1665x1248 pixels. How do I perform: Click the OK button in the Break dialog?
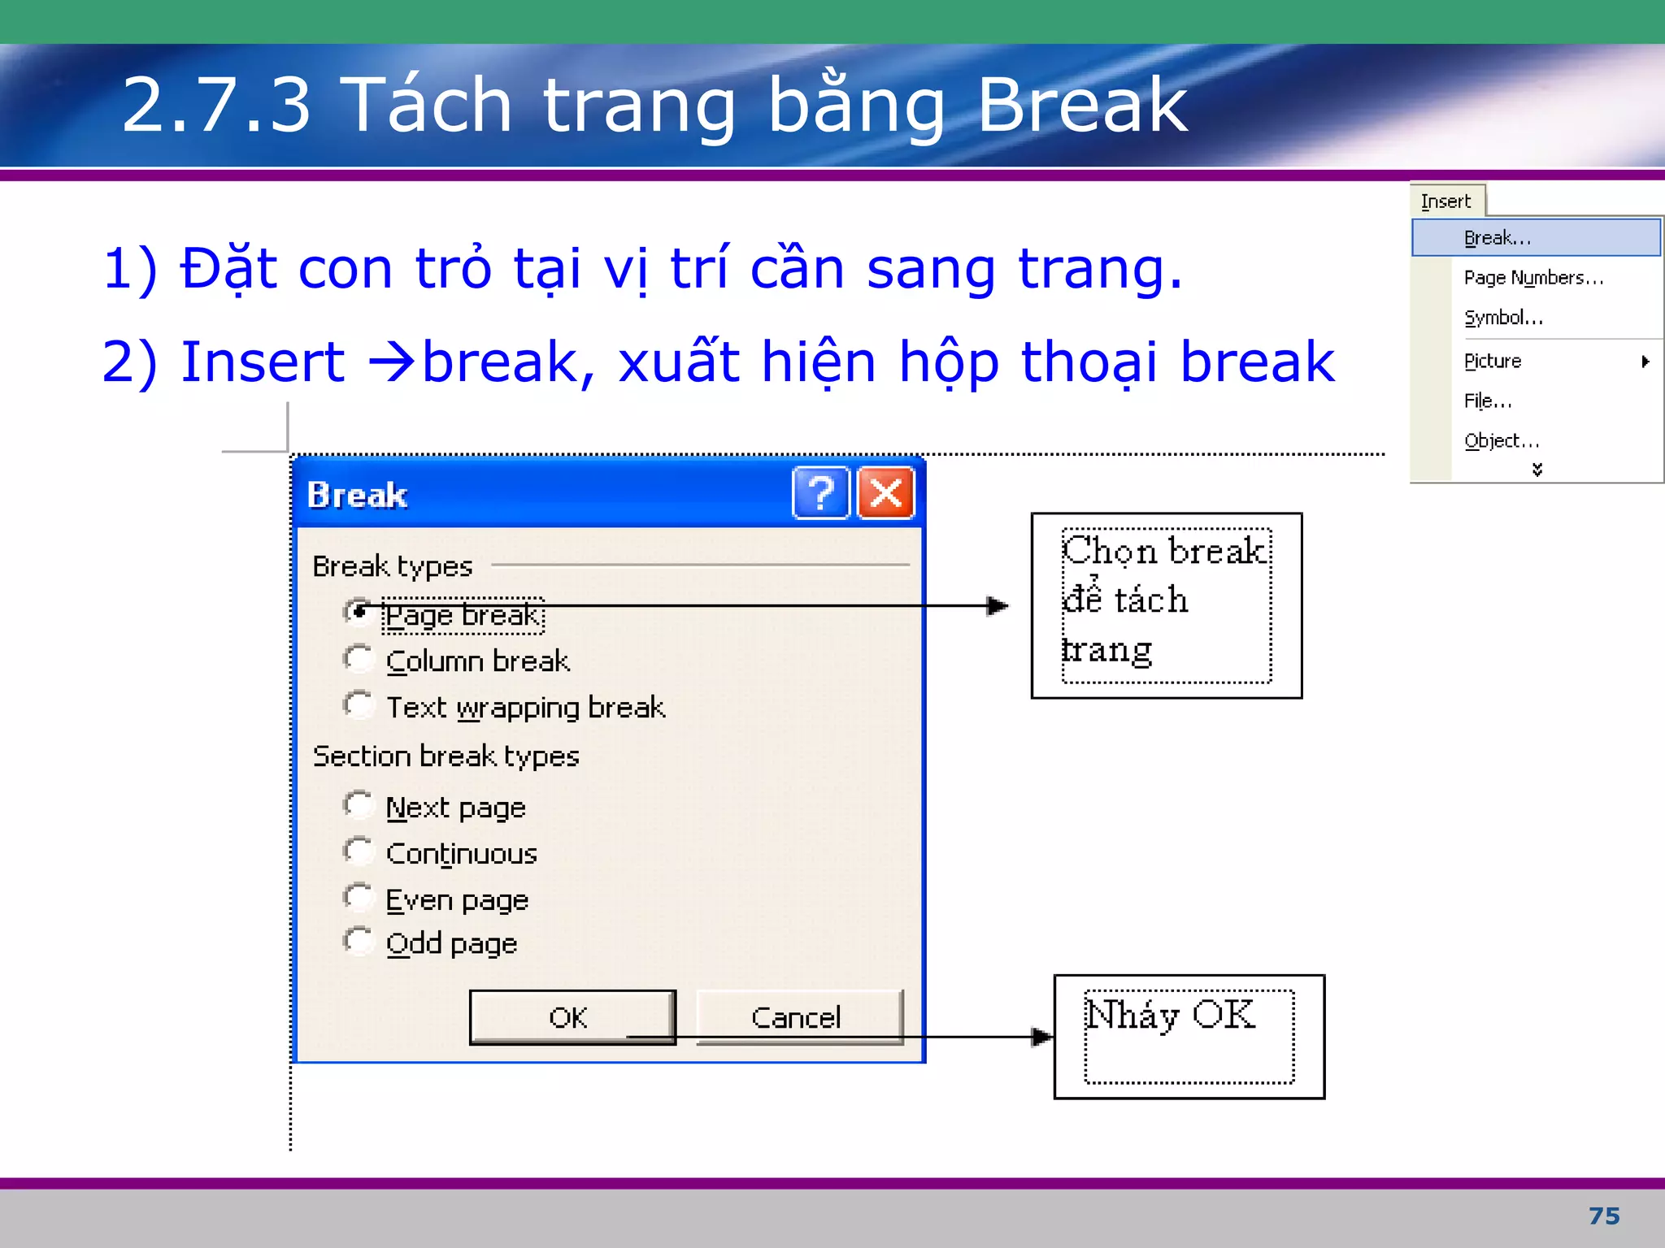[x=572, y=1016]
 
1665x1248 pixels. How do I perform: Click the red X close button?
[x=886, y=492]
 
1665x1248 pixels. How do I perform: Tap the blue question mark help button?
[x=821, y=492]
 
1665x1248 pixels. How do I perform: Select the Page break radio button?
[x=358, y=612]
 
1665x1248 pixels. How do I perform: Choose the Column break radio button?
[x=358, y=659]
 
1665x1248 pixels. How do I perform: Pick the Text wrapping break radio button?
[x=358, y=705]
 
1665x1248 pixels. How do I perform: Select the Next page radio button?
[x=358, y=805]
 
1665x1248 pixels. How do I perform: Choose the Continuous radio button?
[x=358, y=851]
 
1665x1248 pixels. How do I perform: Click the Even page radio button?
[x=358, y=898]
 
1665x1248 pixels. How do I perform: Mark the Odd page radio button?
[x=358, y=941]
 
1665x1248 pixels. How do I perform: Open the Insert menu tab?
[x=1445, y=201]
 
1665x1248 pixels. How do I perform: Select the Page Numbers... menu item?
[x=1533, y=278]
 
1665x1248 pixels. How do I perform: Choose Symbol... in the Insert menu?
[x=1503, y=318]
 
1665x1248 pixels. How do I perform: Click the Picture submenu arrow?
[x=1645, y=362]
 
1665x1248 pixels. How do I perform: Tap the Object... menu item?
[x=1502, y=440]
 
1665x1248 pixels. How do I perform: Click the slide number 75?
[x=1604, y=1215]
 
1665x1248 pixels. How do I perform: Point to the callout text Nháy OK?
[x=1170, y=1015]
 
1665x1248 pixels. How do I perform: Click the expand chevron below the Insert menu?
[x=1537, y=470]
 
